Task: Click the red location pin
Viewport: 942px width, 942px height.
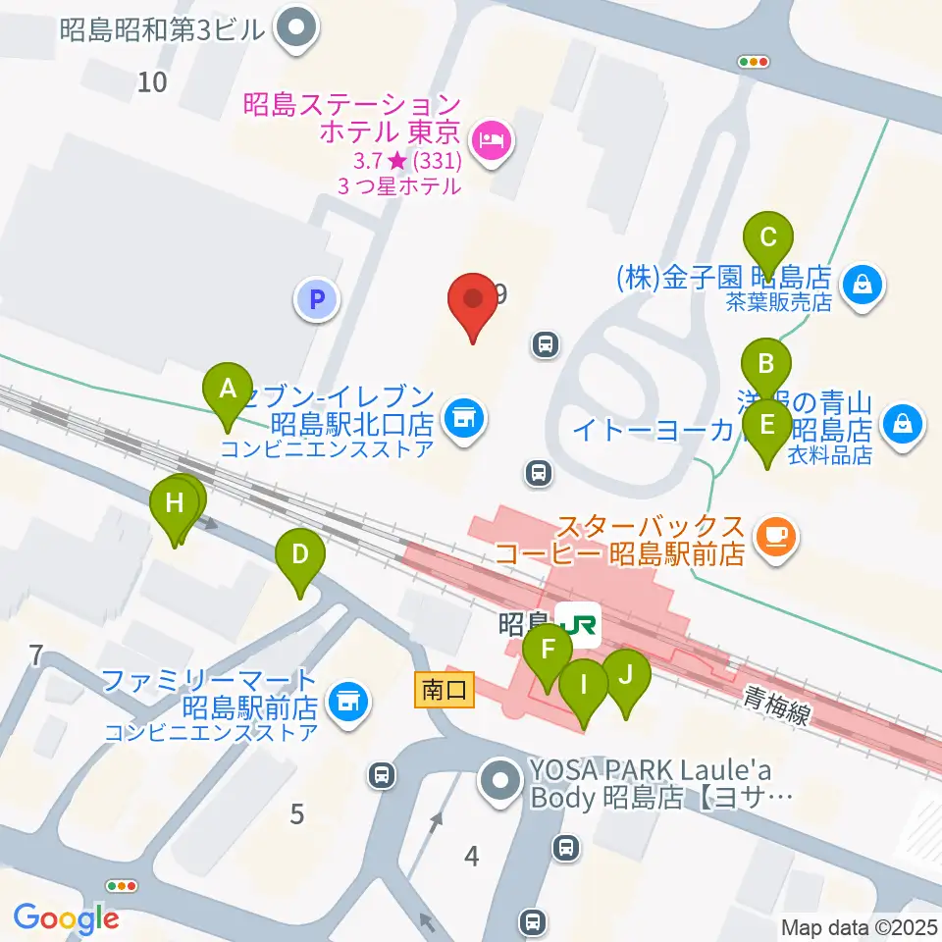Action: (x=473, y=302)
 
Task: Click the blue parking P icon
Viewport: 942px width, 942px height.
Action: (x=316, y=299)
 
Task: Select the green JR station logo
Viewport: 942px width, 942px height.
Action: (x=578, y=623)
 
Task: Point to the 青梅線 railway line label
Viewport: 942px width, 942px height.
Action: (x=777, y=705)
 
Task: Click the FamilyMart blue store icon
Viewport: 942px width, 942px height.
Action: (x=344, y=700)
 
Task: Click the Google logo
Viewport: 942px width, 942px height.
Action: (x=66, y=918)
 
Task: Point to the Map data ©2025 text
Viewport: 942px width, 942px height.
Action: (x=860, y=927)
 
